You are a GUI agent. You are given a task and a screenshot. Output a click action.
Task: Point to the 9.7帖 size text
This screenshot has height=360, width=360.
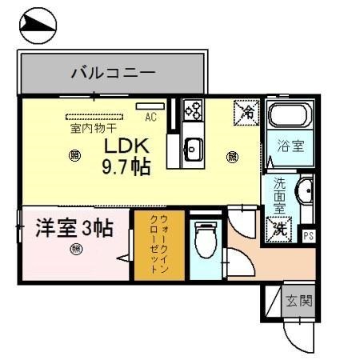125,168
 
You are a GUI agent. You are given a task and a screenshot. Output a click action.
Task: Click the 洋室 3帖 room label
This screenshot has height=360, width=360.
73,228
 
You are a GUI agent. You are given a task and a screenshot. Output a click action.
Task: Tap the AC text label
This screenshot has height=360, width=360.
150,118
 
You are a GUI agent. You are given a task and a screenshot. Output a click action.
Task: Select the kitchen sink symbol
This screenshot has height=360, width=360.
194,148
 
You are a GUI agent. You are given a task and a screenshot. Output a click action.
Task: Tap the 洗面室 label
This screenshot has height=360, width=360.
280,194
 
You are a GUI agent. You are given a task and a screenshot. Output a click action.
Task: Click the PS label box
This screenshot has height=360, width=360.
309,236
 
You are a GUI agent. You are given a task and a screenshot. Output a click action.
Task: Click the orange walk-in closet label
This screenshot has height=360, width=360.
158,245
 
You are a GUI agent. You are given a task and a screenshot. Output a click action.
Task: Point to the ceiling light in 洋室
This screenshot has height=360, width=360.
76,249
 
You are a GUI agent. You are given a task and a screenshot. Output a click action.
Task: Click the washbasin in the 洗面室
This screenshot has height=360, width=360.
306,193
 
